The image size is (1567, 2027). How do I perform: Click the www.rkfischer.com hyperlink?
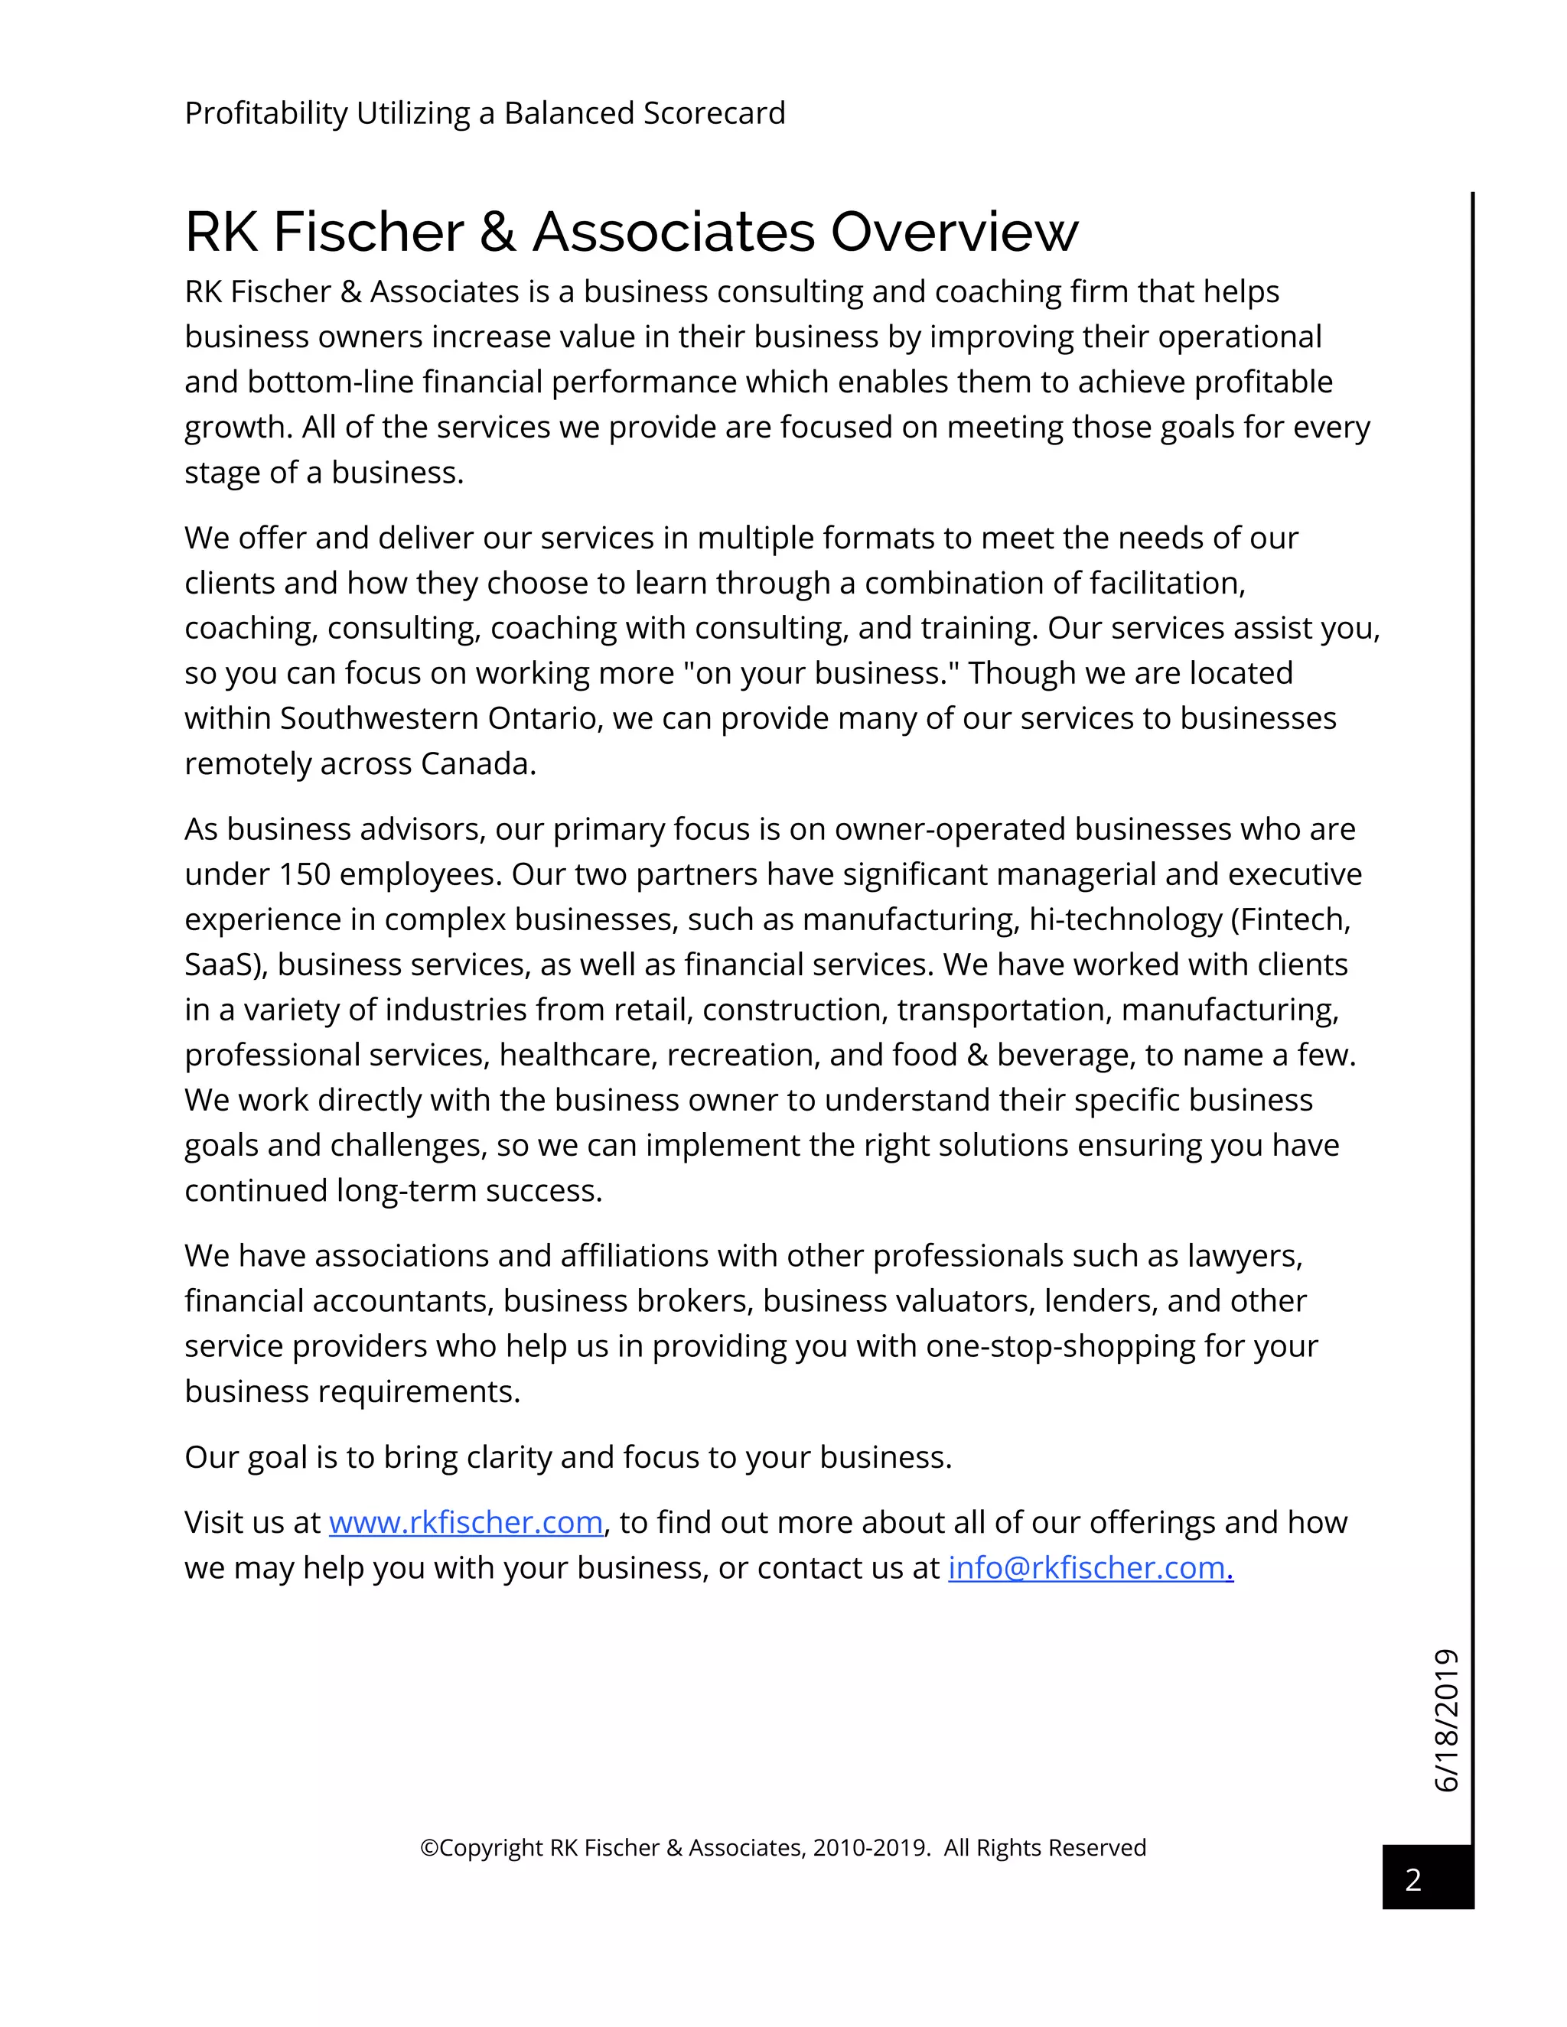[465, 1523]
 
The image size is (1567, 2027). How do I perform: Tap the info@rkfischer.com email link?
[1089, 1569]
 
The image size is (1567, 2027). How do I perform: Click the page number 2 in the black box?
[1413, 1879]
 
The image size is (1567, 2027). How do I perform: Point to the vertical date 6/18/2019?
[1446, 1720]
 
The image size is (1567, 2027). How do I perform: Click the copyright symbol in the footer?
[429, 1848]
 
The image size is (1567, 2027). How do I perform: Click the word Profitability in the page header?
[266, 113]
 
